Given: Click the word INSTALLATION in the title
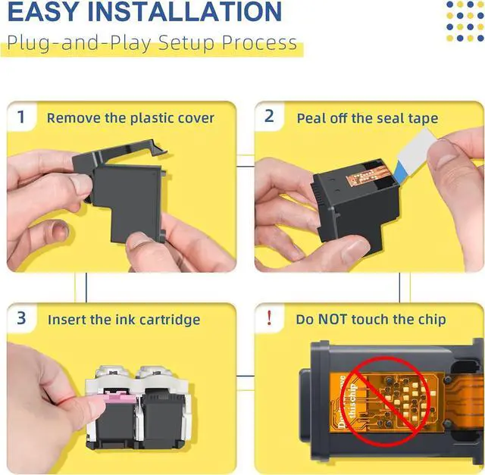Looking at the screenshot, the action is (185, 11).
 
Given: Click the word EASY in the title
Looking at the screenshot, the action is (43, 11).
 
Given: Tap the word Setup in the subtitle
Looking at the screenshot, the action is (186, 43).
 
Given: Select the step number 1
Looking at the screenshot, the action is (20, 117).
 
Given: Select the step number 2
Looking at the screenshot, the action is (269, 116).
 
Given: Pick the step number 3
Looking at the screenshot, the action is (21, 318).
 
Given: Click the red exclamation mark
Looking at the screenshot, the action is (270, 318).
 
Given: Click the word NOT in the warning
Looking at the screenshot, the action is (332, 319).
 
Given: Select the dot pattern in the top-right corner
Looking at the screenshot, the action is (465, 21).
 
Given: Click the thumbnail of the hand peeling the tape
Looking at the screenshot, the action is (369, 187).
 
